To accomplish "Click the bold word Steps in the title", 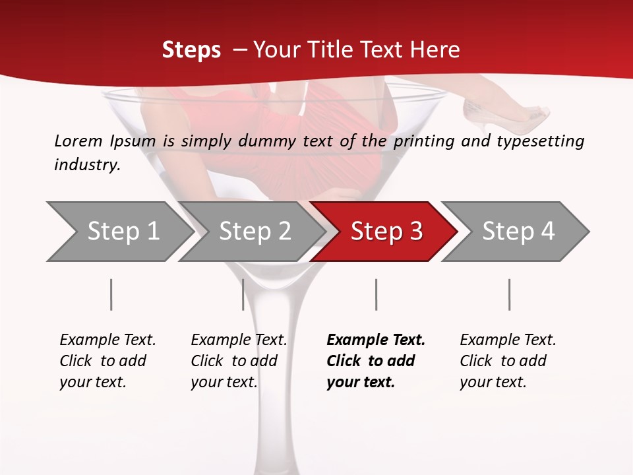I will coord(191,49).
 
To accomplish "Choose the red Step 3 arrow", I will coord(386,232).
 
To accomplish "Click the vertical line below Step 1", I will coord(111,294).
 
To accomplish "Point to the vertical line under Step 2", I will coord(243,294).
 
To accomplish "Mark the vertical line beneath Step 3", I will coord(376,294).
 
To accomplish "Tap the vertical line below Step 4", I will coord(509,294).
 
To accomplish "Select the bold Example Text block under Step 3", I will coord(376,361).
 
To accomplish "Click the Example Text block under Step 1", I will coord(107,361).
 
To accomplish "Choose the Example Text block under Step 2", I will coord(239,361).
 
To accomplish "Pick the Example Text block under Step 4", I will coord(508,361).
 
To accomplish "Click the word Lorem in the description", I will coord(78,141).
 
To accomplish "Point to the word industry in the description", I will coord(86,164).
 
